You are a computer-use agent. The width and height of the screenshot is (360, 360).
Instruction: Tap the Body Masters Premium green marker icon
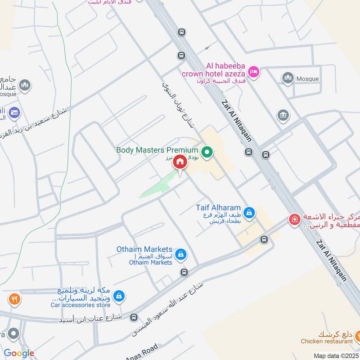(207, 153)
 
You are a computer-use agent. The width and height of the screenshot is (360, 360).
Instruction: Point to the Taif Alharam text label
(218, 208)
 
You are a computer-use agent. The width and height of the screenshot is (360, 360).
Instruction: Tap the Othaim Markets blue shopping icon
(180, 254)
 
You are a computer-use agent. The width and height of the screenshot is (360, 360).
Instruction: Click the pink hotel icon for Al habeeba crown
(254, 71)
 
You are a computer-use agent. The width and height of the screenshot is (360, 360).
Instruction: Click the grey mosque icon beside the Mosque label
(288, 78)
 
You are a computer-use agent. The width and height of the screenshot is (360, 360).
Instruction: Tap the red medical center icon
(294, 220)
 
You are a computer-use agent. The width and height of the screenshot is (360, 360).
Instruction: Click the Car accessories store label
(80, 305)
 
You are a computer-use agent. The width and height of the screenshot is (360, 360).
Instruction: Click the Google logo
(19, 353)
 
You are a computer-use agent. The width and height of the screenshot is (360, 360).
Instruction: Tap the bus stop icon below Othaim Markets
(184, 272)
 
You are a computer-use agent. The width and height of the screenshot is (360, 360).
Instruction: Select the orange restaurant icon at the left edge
(14, 298)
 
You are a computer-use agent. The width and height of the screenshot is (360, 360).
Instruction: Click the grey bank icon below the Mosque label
(283, 115)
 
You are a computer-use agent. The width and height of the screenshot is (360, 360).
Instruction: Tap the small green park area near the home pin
(157, 187)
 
